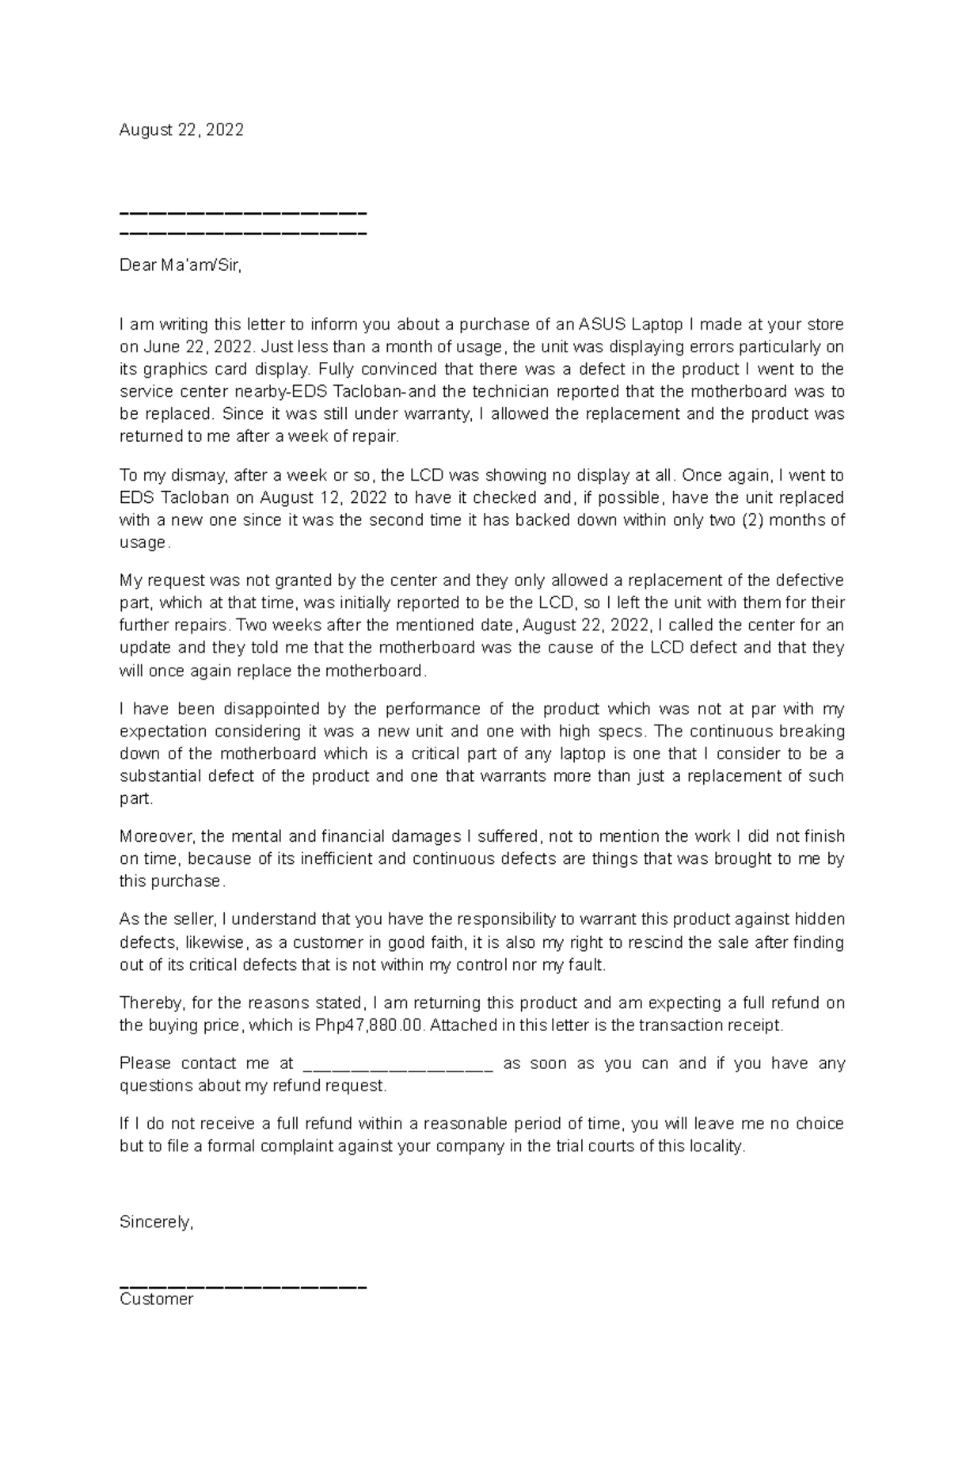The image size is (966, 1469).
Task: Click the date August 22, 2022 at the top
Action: pos(181,130)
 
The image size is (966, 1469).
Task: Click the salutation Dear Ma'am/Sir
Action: pos(180,265)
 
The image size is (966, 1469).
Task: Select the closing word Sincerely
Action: pos(155,1222)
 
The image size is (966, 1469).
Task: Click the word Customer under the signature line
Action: pos(156,1299)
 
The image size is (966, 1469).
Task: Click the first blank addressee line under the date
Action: pos(242,214)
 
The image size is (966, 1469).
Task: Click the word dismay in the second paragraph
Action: pos(203,475)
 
